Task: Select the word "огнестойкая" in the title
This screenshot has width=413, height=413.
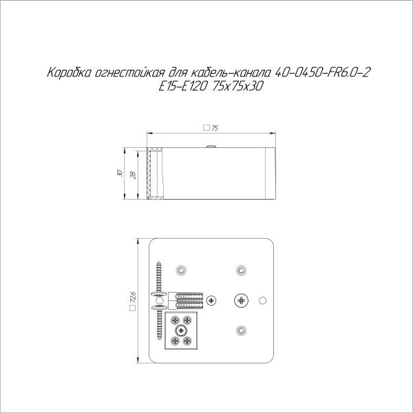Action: [x=123, y=72]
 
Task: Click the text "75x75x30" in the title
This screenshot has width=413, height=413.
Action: [x=239, y=87]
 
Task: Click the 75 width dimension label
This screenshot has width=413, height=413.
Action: [x=215, y=128]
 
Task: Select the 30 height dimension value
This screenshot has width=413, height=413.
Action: [x=119, y=173]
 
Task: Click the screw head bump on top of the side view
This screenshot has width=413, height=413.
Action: [x=212, y=146]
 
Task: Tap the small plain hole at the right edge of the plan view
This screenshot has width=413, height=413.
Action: [x=262, y=301]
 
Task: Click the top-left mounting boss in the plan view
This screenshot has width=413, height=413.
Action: [x=181, y=269]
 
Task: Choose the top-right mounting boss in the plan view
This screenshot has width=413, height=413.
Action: [x=240, y=269]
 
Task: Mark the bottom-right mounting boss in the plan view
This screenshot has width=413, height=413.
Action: [x=240, y=331]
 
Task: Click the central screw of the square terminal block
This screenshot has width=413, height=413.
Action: [x=181, y=331]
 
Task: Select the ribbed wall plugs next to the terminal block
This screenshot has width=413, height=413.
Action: [x=187, y=300]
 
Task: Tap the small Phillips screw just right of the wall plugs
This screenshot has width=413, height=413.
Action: [x=211, y=300]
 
